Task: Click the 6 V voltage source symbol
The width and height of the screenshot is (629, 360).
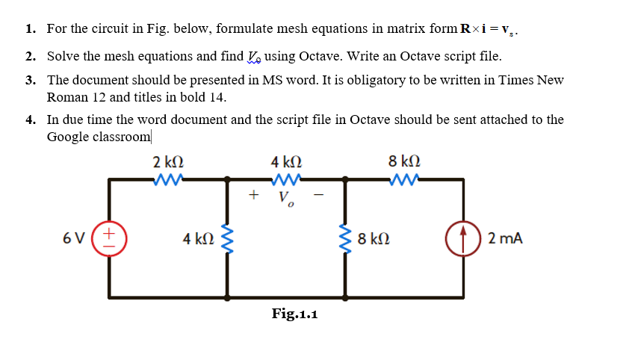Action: pyautogui.click(x=109, y=238)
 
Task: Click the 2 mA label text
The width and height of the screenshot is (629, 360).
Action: pyautogui.click(x=504, y=238)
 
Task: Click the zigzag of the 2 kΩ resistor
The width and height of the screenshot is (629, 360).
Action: pyautogui.click(x=168, y=179)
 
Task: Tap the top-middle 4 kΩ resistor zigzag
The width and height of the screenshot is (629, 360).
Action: pyautogui.click(x=287, y=179)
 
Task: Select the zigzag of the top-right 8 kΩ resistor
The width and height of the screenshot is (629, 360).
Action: pyautogui.click(x=404, y=179)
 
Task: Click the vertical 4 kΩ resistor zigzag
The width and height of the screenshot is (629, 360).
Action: pyautogui.click(x=227, y=238)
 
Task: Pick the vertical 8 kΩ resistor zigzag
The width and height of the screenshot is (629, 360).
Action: pyautogui.click(x=346, y=238)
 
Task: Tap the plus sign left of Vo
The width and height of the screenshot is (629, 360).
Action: pyautogui.click(x=254, y=196)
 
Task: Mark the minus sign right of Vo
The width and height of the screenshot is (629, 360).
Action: pyautogui.click(x=319, y=196)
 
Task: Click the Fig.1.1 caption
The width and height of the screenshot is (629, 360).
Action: pyautogui.click(x=294, y=314)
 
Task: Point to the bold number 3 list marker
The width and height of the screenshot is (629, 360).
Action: pyautogui.click(x=28, y=80)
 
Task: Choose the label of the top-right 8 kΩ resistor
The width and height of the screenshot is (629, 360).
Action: pyautogui.click(x=404, y=161)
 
